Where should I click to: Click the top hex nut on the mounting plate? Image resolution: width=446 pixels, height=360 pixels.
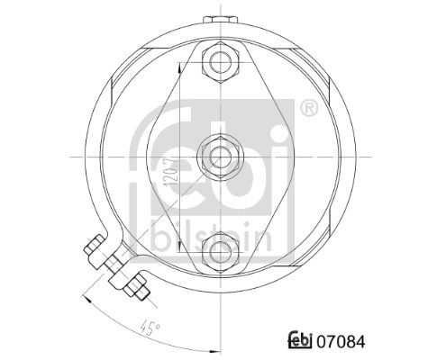click(x=221, y=63)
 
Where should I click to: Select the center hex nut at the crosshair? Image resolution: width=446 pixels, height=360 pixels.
click(x=221, y=157)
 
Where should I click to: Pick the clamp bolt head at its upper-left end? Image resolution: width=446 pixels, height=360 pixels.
click(x=94, y=245)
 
